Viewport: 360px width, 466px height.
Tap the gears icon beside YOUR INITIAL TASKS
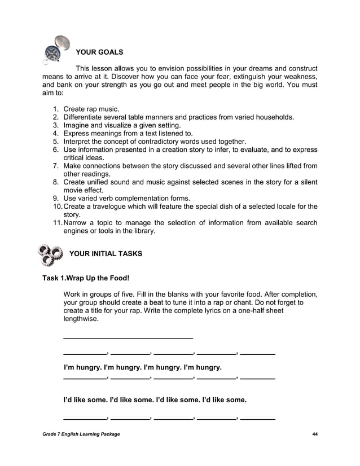[x=50, y=254]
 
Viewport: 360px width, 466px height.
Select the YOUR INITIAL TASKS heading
[x=106, y=254]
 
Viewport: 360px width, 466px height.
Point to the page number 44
[x=314, y=433]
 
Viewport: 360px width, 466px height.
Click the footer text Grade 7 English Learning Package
[x=81, y=433]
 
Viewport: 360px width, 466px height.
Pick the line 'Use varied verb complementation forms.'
[x=126, y=198]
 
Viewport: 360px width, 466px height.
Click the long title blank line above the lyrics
[x=128, y=337]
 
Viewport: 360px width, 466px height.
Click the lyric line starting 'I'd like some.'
[x=155, y=400]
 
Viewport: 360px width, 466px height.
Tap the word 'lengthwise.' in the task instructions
[x=81, y=319]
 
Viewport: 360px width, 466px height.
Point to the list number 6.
[x=56, y=150]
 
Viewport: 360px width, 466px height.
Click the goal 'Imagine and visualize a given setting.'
[x=122, y=125]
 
